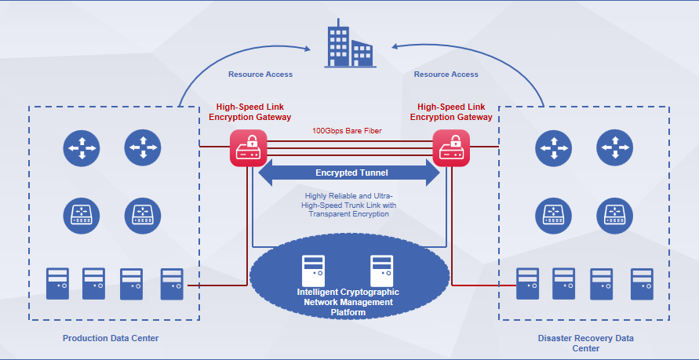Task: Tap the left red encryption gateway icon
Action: (247, 147)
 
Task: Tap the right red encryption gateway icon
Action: (451, 147)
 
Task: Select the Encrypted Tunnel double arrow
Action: (349, 173)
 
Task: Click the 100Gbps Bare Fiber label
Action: (346, 130)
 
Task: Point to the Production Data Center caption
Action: (111, 338)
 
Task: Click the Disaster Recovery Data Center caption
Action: (585, 343)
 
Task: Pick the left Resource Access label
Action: (260, 75)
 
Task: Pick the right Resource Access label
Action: (446, 75)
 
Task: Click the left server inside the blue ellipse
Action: (314, 270)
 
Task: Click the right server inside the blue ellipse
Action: (381, 270)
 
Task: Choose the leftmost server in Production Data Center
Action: (57, 284)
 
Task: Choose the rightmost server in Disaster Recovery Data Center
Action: (643, 284)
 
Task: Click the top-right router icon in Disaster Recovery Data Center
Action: (614, 147)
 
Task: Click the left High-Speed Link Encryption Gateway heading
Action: (250, 111)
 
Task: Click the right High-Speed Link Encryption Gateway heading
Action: (450, 111)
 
